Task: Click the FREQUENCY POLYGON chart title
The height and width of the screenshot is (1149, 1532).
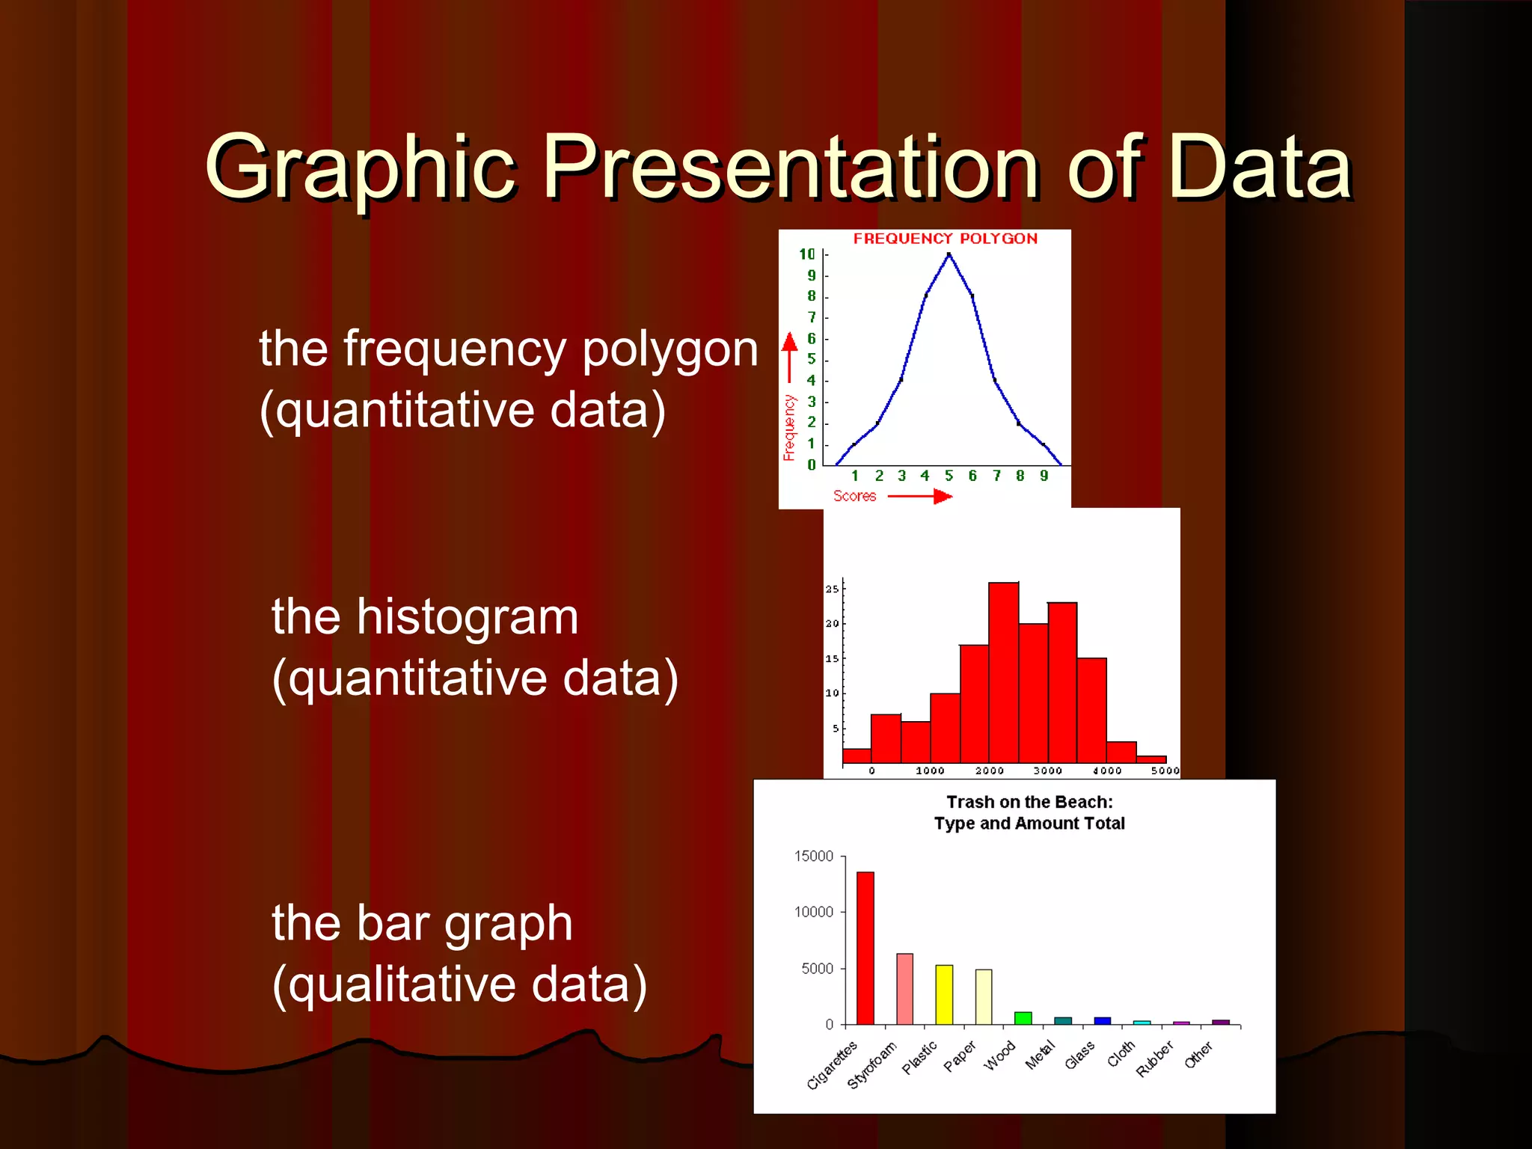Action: point(946,239)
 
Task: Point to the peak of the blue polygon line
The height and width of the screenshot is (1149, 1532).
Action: point(949,255)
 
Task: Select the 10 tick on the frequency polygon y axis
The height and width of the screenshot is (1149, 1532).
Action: point(806,254)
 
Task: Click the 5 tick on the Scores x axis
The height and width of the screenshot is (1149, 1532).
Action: point(949,476)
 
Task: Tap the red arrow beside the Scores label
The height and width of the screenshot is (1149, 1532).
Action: point(920,496)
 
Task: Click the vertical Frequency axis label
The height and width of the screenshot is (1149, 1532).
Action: point(789,427)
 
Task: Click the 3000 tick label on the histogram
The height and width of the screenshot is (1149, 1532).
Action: point(1047,770)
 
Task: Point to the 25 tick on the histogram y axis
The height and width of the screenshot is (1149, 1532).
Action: point(832,589)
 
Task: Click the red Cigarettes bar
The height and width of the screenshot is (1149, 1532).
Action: point(865,948)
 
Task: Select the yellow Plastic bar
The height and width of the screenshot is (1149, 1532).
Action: point(944,994)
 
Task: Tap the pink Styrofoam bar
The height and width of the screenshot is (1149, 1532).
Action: point(904,988)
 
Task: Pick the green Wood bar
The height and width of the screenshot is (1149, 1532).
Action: point(1023,1018)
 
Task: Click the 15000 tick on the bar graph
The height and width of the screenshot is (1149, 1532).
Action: point(813,856)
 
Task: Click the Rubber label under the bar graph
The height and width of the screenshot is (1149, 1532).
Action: point(1154,1059)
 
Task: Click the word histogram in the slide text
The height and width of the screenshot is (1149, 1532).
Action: point(467,618)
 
